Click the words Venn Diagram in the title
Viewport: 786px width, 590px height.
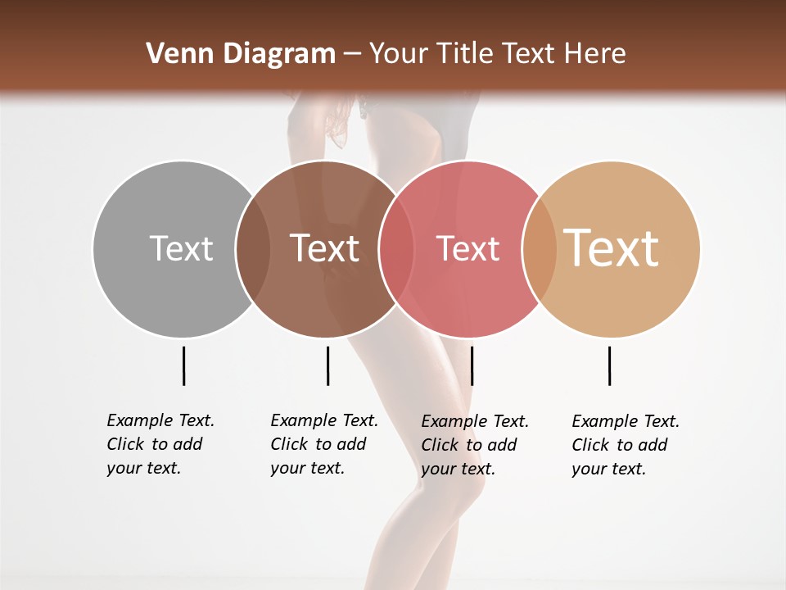click(241, 54)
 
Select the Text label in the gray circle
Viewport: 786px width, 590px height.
click(181, 248)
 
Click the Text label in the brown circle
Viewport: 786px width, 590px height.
click(325, 248)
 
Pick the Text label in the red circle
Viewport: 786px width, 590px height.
click(468, 249)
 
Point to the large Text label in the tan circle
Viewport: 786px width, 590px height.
click(612, 248)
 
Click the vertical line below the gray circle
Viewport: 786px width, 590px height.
click(183, 365)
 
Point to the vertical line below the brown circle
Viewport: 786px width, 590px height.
click(327, 365)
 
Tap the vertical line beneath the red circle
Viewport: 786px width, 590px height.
click(472, 365)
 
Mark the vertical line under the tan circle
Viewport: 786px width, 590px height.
click(609, 365)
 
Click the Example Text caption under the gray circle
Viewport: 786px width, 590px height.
click(160, 444)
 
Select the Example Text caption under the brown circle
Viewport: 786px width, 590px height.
click(323, 444)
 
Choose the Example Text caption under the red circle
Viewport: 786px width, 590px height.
click(474, 445)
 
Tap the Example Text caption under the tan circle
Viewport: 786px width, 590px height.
click(625, 445)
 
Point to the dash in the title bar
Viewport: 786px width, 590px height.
click(352, 55)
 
